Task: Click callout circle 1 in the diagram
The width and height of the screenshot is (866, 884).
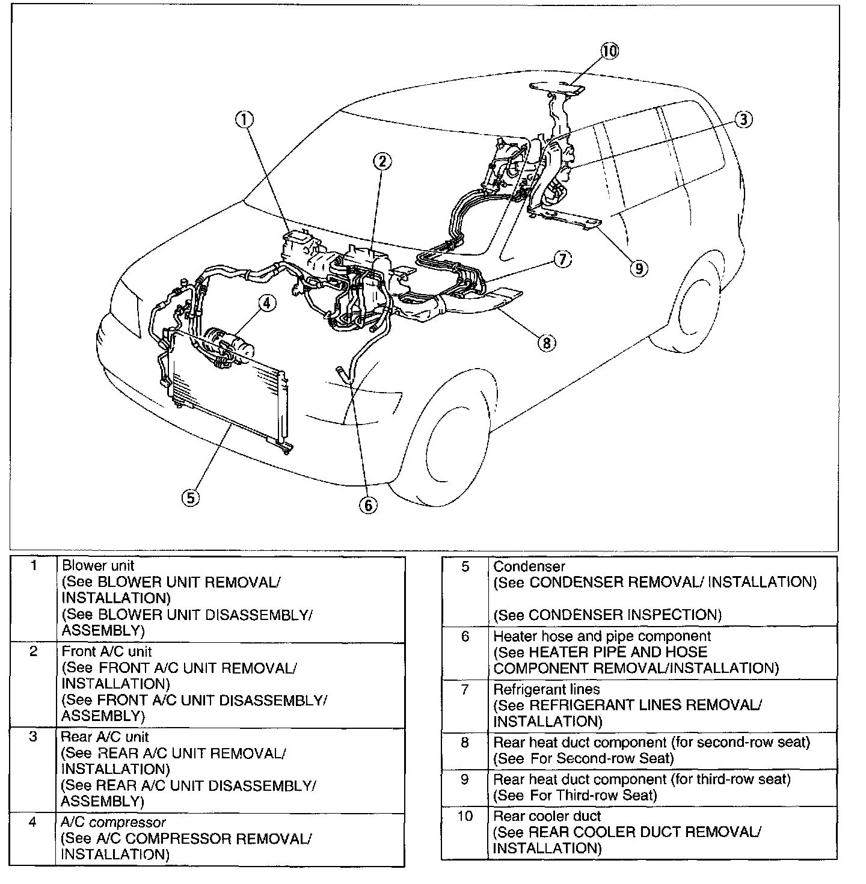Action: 244,120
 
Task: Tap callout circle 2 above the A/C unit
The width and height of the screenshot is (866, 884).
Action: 382,161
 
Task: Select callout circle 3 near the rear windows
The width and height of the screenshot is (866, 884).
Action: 743,120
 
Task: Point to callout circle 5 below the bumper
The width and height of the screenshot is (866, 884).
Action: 191,497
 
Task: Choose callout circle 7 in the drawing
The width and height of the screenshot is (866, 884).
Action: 562,259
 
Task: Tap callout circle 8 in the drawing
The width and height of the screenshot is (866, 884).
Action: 546,343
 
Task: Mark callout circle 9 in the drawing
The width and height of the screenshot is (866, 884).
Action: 639,268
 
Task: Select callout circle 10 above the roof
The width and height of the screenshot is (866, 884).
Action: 609,51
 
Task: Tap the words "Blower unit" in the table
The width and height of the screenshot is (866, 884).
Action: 98,566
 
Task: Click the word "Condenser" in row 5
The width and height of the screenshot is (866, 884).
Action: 529,566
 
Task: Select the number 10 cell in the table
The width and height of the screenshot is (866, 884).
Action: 465,816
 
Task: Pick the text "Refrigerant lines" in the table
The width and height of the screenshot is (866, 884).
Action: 546,689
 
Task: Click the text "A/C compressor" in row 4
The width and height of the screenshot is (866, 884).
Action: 113,822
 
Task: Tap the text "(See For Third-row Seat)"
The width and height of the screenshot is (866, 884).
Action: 575,795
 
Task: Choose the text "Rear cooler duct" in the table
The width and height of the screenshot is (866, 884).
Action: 547,816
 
